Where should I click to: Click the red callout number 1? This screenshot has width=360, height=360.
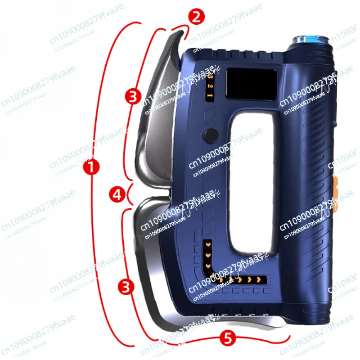(91, 168)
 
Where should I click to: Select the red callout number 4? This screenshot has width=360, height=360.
(117, 194)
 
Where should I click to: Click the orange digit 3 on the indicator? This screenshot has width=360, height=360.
(209, 77)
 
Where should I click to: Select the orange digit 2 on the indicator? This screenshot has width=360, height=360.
(210, 85)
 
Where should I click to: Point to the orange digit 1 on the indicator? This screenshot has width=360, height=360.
(210, 94)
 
